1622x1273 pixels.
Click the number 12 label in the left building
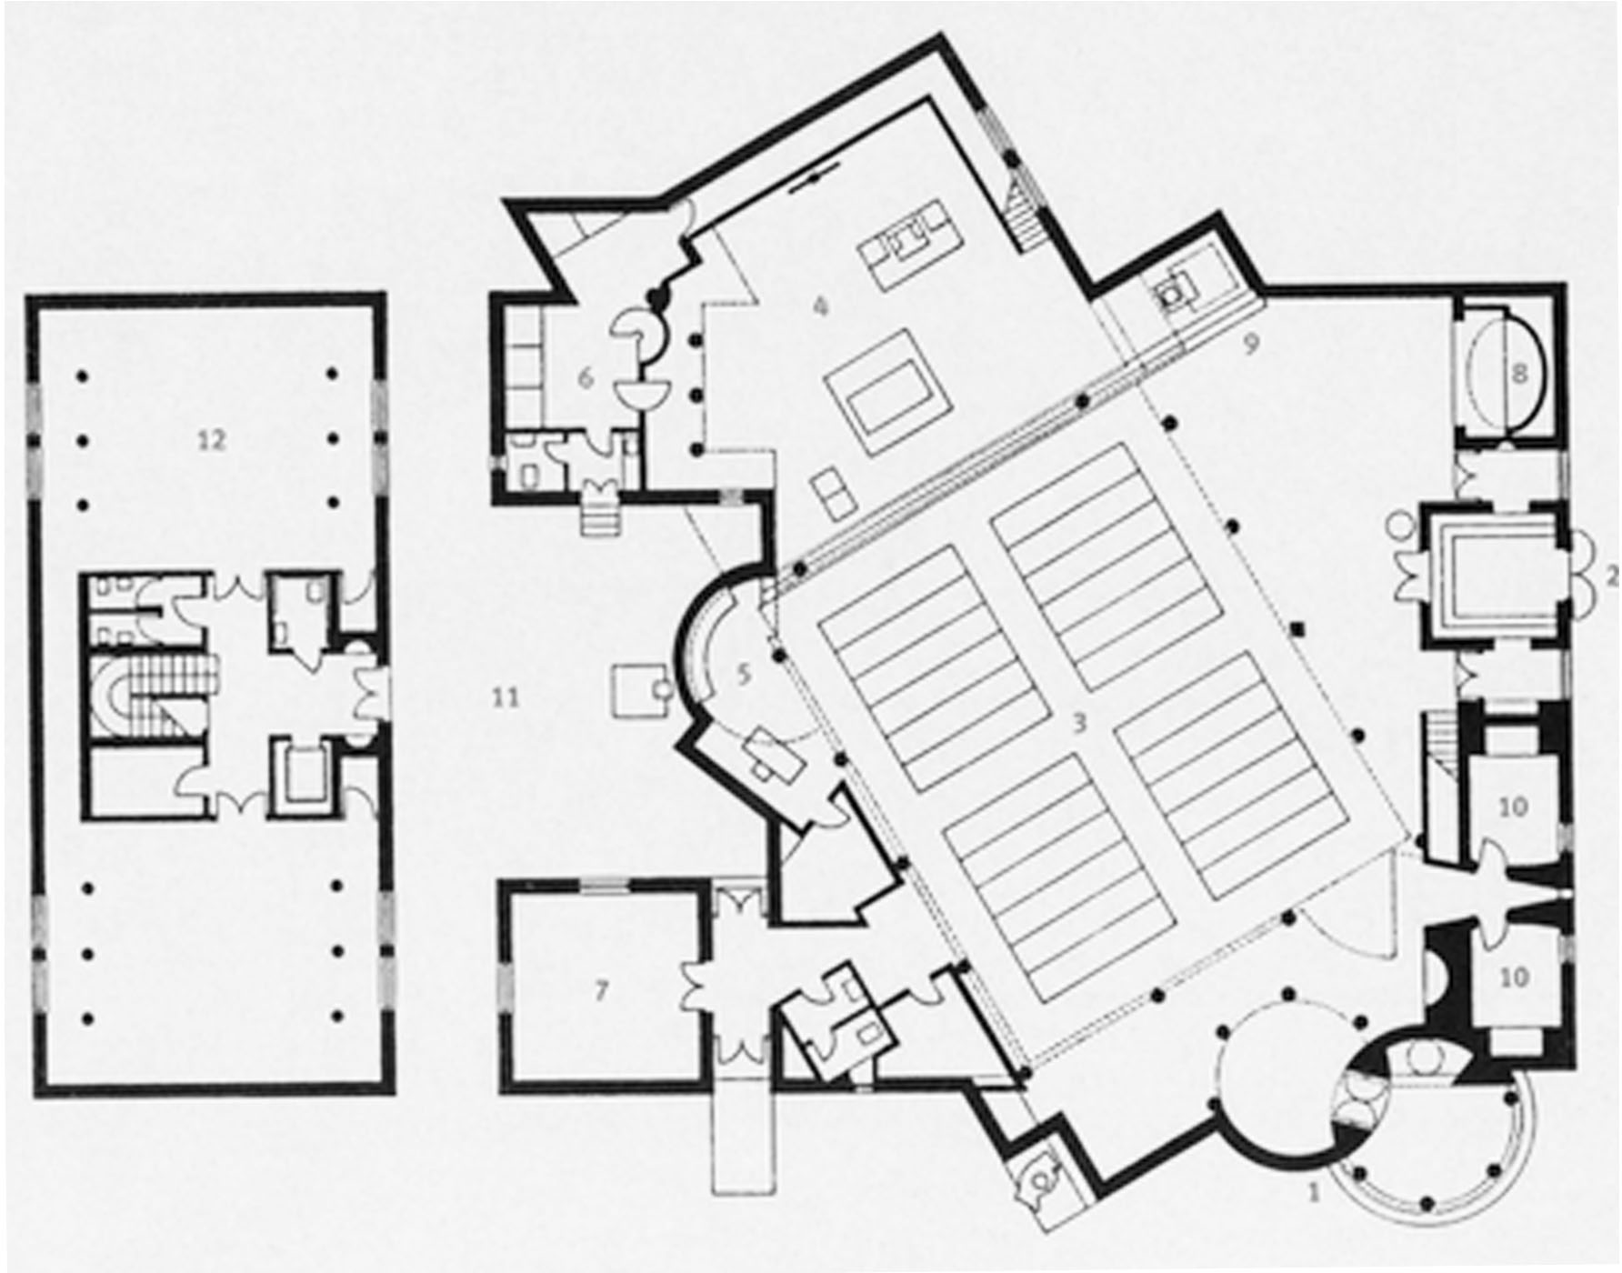pos(211,440)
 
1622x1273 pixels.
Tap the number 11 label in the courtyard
pos(506,697)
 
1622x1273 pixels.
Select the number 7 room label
pos(600,990)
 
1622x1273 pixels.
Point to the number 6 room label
pos(586,377)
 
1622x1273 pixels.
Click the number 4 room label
pos(820,306)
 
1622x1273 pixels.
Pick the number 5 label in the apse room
pos(744,674)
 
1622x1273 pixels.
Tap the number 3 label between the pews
pos(1079,724)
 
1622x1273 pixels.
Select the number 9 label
pos(1252,345)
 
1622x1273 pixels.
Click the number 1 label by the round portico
pos(1313,1191)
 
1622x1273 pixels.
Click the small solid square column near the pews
pos(1298,627)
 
